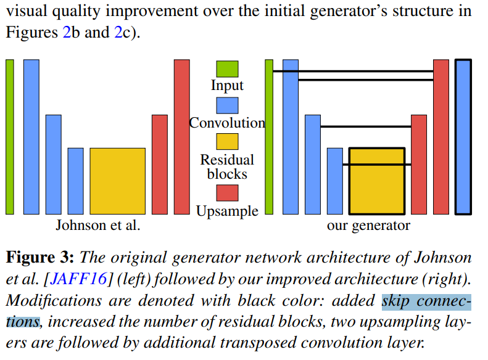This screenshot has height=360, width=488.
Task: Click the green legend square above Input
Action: [x=227, y=68]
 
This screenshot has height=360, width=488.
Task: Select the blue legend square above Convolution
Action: [x=227, y=105]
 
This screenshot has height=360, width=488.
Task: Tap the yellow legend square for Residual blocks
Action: [x=227, y=142]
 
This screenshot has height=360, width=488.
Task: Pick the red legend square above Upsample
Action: [x=227, y=193]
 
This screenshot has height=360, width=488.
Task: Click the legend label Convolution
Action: [x=227, y=123]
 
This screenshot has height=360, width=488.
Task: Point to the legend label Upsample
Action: [x=227, y=211]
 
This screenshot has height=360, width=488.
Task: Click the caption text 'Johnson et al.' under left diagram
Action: [x=98, y=225]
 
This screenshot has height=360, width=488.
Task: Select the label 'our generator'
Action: [x=368, y=226]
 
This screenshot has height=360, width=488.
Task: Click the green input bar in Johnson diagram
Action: [x=9, y=137]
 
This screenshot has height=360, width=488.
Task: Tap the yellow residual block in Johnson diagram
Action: [x=117, y=181]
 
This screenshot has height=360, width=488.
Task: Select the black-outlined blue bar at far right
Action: [x=463, y=137]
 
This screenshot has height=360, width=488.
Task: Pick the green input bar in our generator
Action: [x=269, y=137]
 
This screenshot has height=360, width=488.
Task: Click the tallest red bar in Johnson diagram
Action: [x=181, y=137]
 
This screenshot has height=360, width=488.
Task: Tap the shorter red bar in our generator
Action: [x=419, y=164]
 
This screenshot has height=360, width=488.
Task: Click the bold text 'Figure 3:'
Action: [x=41, y=257]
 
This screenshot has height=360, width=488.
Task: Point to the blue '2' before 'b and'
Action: [x=67, y=32]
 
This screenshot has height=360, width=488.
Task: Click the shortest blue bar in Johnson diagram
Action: [x=75, y=181]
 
